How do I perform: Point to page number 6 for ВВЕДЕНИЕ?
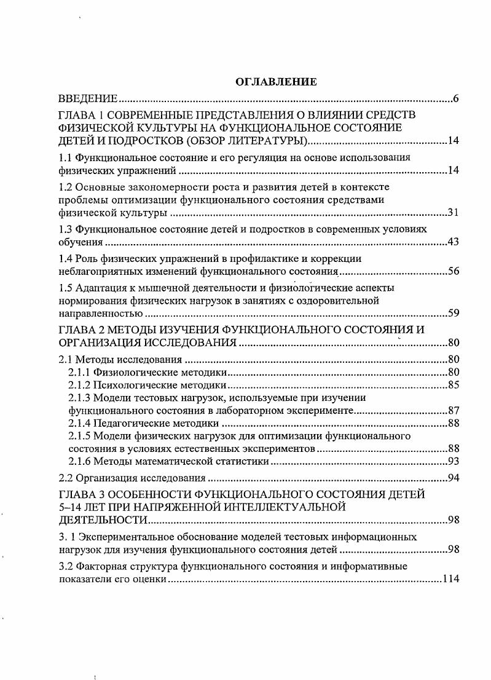[456, 99]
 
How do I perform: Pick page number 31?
[454, 213]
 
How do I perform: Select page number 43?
[454, 242]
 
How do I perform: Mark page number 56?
[454, 271]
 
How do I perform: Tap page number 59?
[454, 314]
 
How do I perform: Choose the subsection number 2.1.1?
[79, 372]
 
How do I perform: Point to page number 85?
[454, 385]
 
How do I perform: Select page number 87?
[454, 411]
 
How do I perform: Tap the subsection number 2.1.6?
[79, 462]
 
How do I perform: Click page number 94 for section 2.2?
[454, 478]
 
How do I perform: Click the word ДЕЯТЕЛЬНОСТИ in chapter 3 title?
[102, 520]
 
